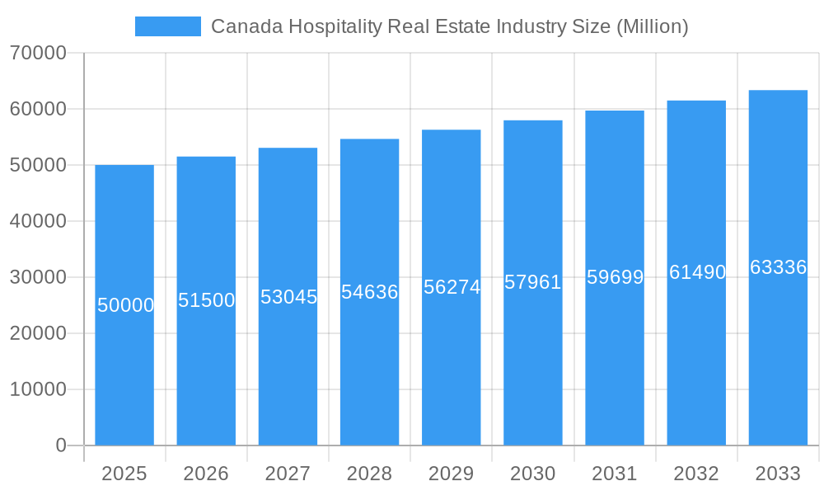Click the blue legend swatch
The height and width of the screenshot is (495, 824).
pyautogui.click(x=167, y=26)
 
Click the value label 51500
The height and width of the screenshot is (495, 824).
pyautogui.click(x=207, y=300)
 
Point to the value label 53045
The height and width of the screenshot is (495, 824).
pyautogui.click(x=288, y=297)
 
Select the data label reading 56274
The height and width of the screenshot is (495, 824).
pyautogui.click(x=452, y=287)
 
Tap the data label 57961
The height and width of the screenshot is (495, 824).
pyautogui.click(x=533, y=282)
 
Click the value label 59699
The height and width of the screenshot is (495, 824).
pyautogui.click(x=615, y=277)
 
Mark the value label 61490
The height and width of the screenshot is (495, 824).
pyautogui.click(x=697, y=272)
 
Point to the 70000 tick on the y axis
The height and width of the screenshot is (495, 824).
pyautogui.click(x=38, y=53)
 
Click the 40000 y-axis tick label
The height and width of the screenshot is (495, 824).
pyautogui.click(x=38, y=221)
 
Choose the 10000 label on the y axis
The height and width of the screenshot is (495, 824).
pyautogui.click(x=38, y=389)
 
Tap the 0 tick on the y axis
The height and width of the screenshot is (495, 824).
pyautogui.click(x=61, y=445)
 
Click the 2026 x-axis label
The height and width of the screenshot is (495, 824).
pyautogui.click(x=206, y=474)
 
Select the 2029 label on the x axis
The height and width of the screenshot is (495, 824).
pyautogui.click(x=452, y=474)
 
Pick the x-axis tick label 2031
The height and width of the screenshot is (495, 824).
pyautogui.click(x=615, y=474)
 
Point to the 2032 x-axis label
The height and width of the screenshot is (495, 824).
pyautogui.click(x=696, y=474)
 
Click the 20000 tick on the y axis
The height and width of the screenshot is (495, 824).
pyautogui.click(x=38, y=333)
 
